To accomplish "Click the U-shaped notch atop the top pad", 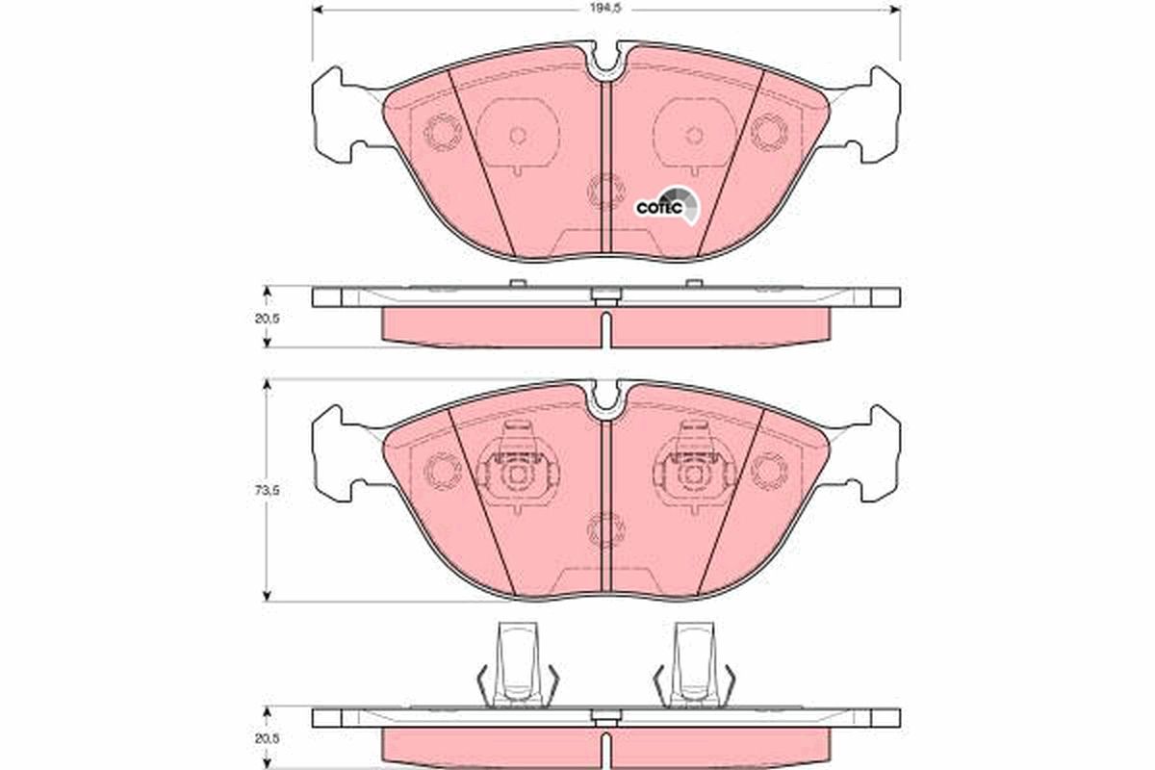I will (x=606, y=60).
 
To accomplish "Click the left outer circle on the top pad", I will (x=443, y=131).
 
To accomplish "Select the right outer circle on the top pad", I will (x=770, y=131).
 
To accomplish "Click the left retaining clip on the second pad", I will (x=520, y=469).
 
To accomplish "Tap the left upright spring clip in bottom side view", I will (x=518, y=664).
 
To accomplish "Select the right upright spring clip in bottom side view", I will (x=693, y=664).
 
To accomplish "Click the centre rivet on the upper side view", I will (x=605, y=296).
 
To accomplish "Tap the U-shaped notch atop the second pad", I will (x=606, y=398).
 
